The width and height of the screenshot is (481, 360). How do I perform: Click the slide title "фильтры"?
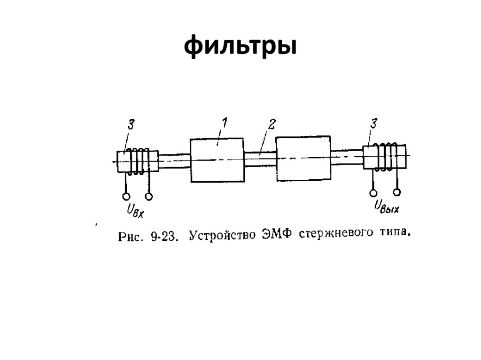click(240, 46)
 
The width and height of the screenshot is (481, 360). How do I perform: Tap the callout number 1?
click(224, 123)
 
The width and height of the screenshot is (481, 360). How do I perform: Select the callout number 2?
click(271, 124)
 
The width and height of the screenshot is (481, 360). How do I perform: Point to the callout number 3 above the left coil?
click(131, 125)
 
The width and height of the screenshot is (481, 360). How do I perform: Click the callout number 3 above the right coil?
click(373, 124)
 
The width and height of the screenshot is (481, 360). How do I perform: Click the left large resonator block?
click(217, 160)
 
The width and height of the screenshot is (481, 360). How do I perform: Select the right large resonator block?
click(303, 158)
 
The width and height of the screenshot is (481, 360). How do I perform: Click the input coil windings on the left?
click(138, 161)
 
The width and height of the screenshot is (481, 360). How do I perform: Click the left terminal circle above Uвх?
click(126, 196)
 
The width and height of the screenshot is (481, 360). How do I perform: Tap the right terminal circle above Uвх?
click(149, 196)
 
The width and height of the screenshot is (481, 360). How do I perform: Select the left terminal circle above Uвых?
click(373, 193)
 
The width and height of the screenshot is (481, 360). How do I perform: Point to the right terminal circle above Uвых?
click(397, 192)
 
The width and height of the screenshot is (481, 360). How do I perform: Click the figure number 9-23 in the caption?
click(164, 236)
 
